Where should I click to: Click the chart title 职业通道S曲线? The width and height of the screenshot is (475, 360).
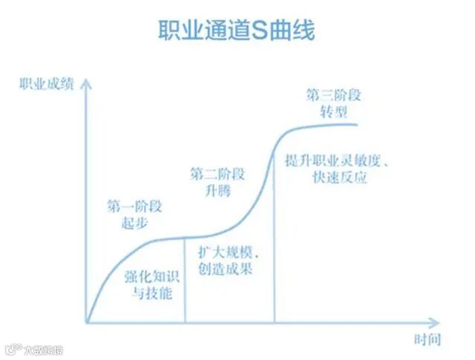tap(237, 30)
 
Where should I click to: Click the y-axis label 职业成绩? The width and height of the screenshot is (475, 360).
tap(47, 83)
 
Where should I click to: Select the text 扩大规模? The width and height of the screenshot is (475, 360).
tap(226, 252)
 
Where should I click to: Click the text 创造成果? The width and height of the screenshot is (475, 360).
tap(226, 269)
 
